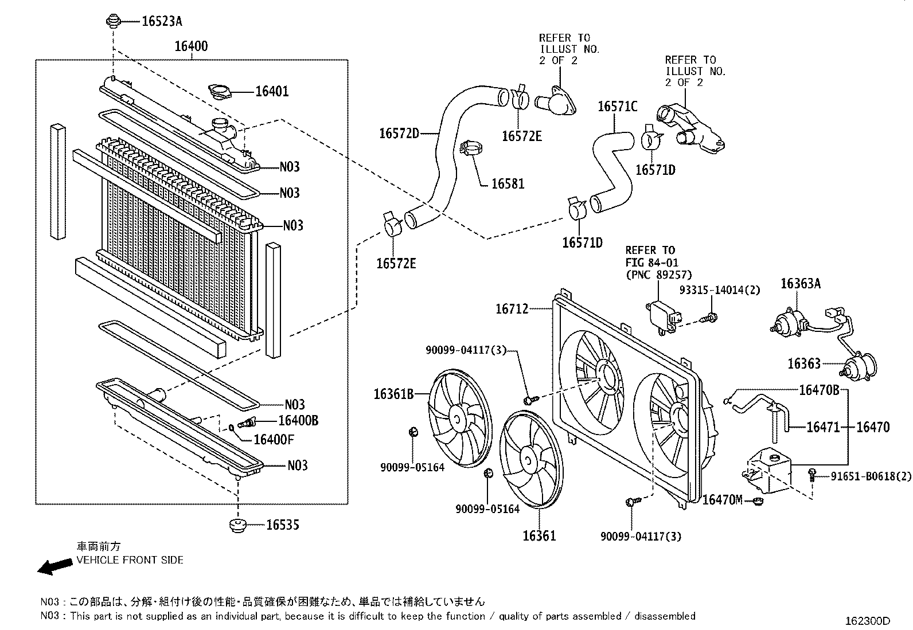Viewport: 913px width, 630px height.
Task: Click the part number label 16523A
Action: click(x=162, y=22)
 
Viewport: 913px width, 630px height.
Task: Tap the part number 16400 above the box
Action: click(x=191, y=46)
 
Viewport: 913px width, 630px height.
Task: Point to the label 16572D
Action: click(x=399, y=134)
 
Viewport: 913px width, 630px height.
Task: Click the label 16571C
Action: click(x=617, y=107)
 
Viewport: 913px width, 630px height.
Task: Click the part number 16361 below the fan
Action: click(x=539, y=536)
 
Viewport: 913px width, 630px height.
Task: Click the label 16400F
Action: click(x=274, y=440)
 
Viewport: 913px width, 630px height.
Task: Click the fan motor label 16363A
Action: click(x=800, y=283)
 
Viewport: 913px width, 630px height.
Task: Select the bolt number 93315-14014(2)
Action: click(x=719, y=291)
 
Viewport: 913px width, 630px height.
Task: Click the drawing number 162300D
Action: click(x=868, y=621)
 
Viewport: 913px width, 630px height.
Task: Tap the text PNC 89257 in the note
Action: click(x=658, y=275)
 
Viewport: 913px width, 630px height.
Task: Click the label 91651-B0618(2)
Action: click(x=871, y=476)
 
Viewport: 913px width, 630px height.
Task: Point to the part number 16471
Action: click(x=822, y=427)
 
